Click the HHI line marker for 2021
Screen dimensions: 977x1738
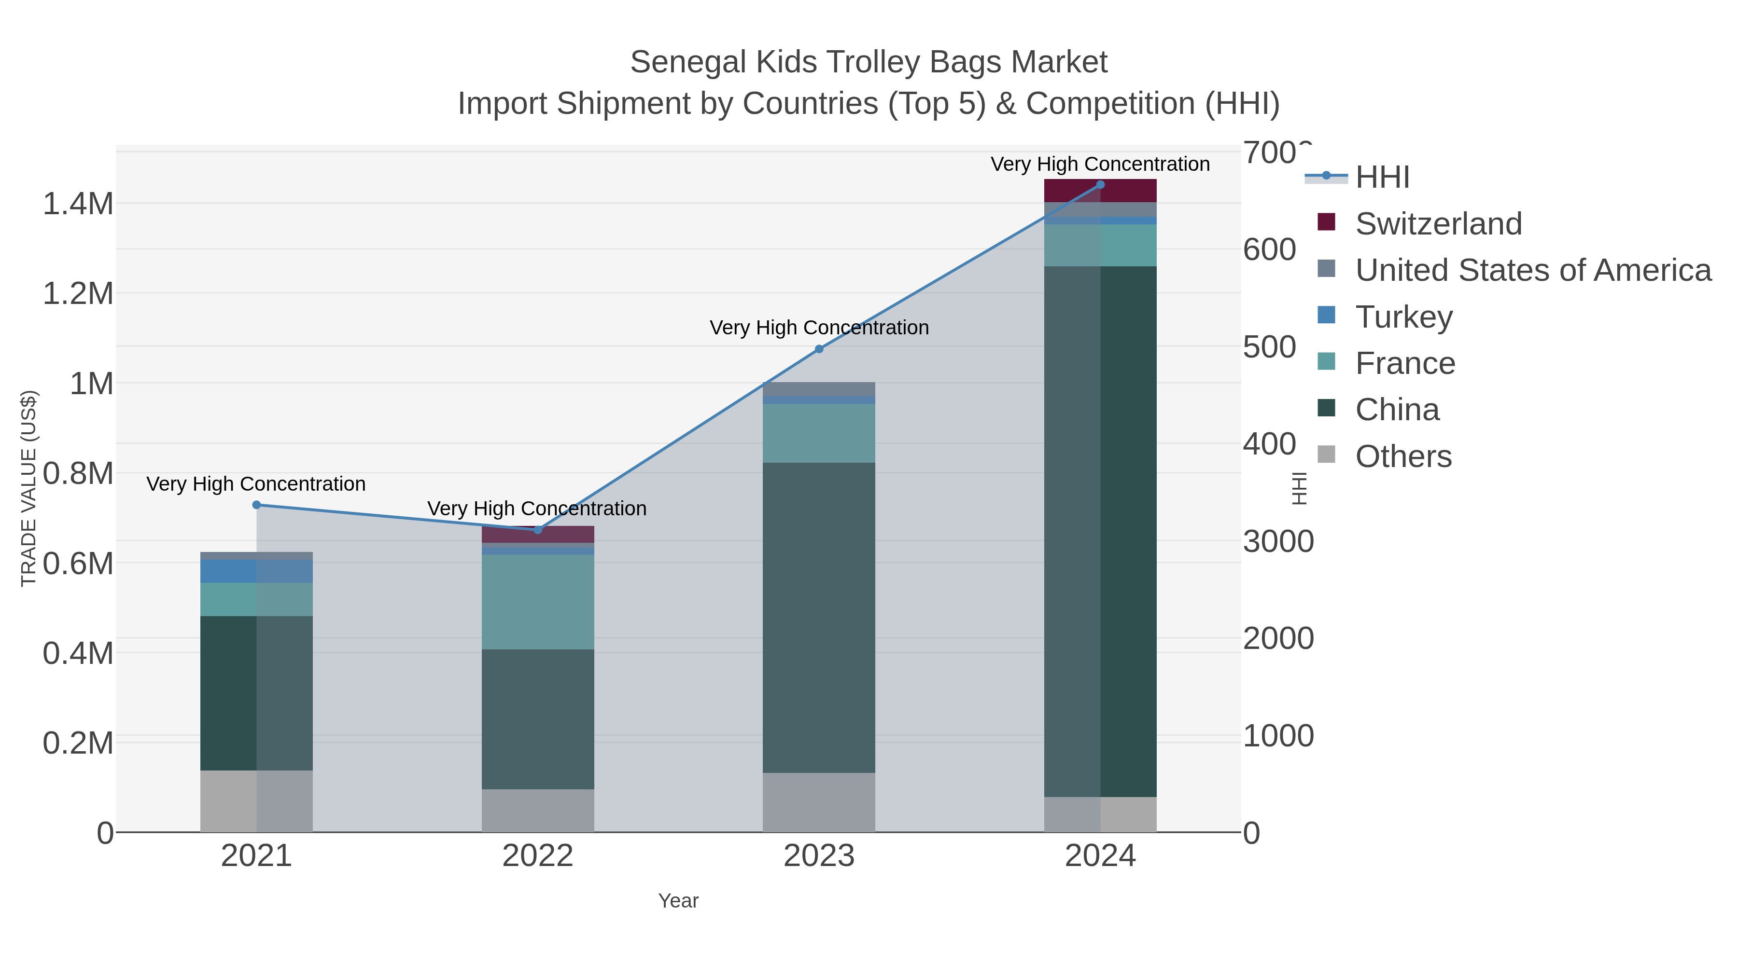(x=256, y=505)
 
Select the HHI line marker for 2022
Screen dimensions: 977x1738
(x=538, y=530)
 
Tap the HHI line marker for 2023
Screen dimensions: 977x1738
(x=819, y=349)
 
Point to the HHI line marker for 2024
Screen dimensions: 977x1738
(x=1100, y=185)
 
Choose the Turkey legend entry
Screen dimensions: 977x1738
(x=1403, y=317)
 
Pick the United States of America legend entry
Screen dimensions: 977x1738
(x=1532, y=270)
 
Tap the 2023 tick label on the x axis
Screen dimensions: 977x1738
(x=819, y=856)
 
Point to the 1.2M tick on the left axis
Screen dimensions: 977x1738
(x=78, y=294)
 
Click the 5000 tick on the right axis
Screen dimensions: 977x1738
(x=1270, y=347)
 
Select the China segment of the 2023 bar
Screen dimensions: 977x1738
(x=819, y=617)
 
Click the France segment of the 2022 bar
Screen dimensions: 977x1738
(x=538, y=602)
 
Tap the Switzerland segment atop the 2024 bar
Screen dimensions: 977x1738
(x=1100, y=191)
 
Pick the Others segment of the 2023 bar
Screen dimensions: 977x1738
(x=819, y=802)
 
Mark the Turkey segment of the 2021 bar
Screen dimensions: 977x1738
(x=256, y=571)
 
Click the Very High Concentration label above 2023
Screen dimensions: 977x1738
(x=819, y=328)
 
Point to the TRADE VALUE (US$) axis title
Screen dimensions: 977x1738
(x=29, y=488)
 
